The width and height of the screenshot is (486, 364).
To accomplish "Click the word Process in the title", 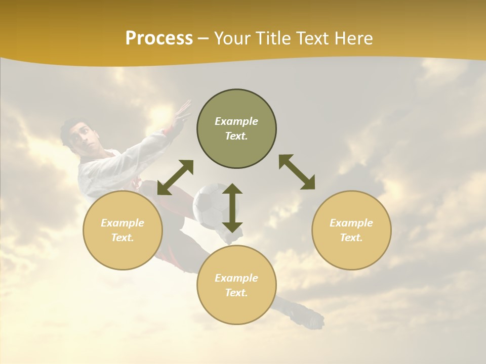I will click(x=159, y=38).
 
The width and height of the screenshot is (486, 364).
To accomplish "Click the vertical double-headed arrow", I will click(x=232, y=208).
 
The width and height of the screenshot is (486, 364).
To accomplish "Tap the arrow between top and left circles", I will click(x=175, y=177).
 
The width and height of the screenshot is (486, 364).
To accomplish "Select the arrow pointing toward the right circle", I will click(x=297, y=172).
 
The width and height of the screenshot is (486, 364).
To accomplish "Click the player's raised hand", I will click(x=181, y=112).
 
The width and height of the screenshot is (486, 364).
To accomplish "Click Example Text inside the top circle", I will click(x=236, y=128).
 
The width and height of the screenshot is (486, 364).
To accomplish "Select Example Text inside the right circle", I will click(x=351, y=230).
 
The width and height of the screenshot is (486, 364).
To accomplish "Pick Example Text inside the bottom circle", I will click(x=236, y=285).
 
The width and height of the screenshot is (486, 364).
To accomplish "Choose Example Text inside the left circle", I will click(x=123, y=230).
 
